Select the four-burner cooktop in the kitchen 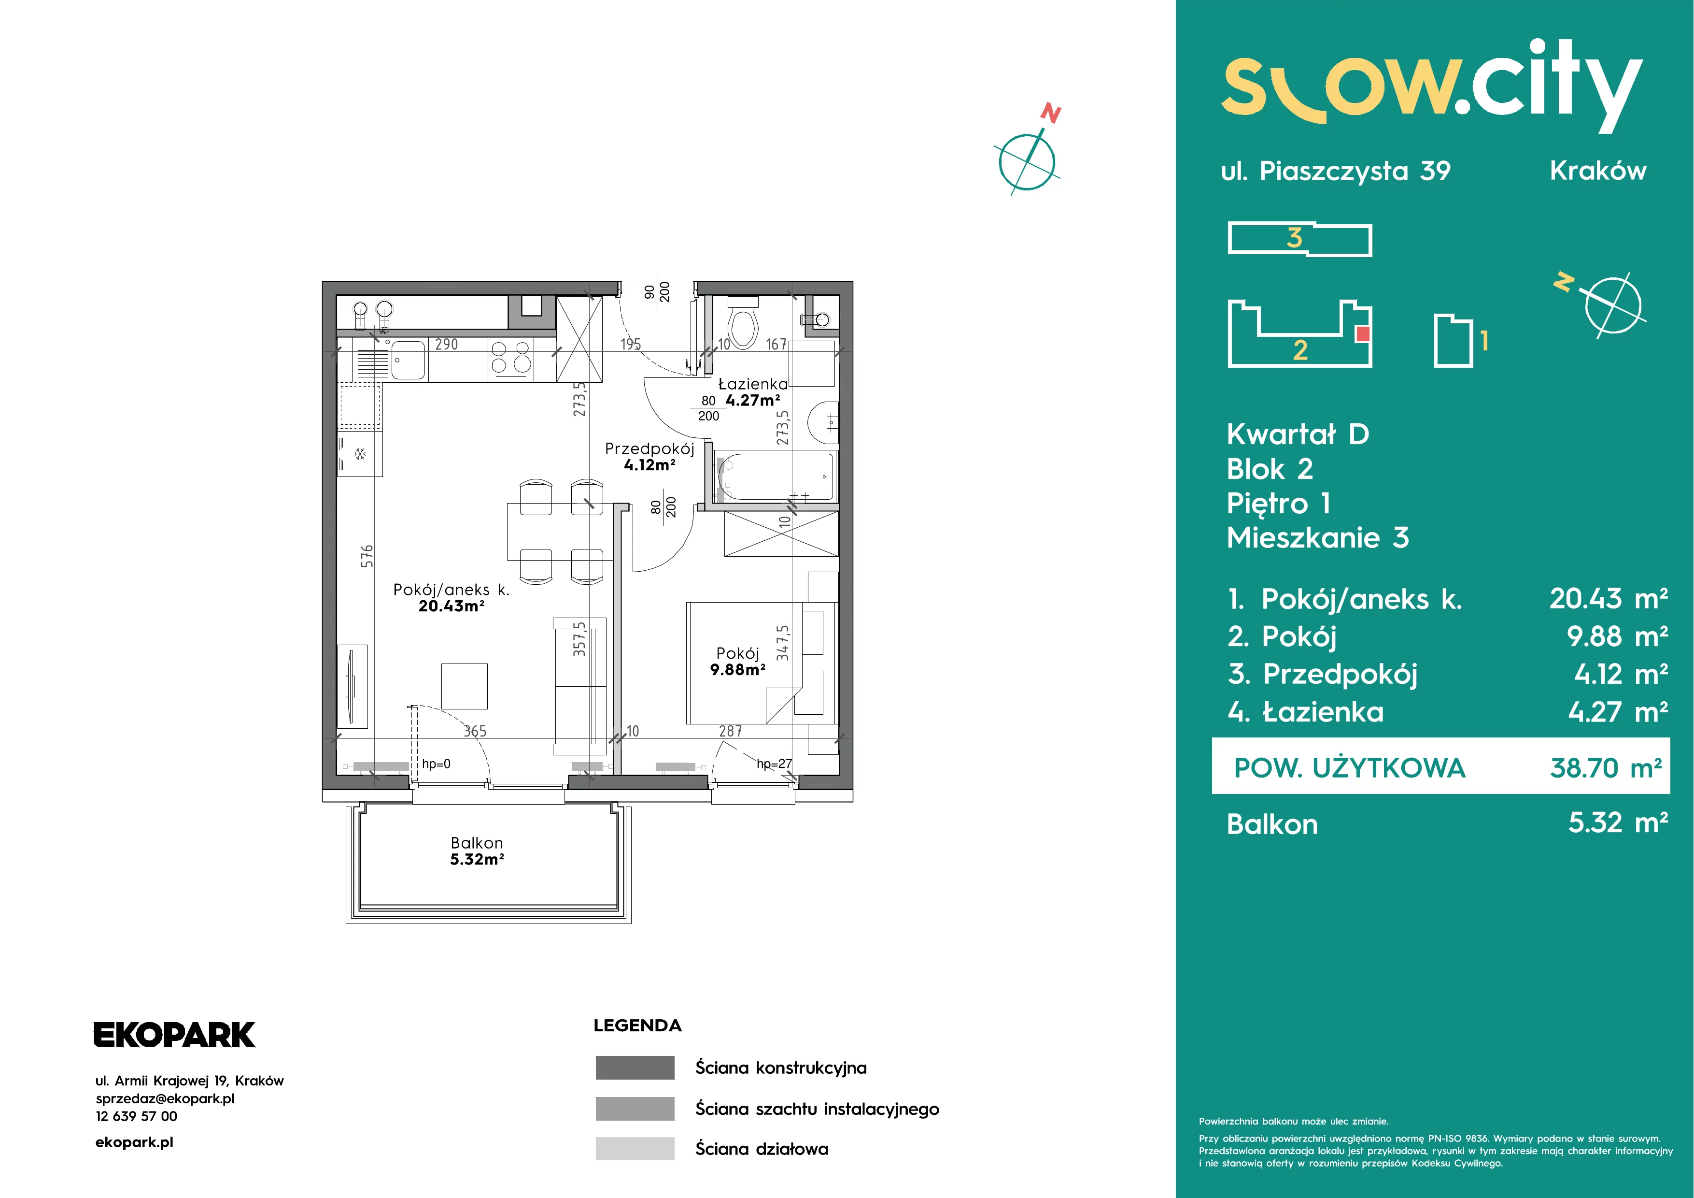pos(510,357)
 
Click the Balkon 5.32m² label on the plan pos(478,851)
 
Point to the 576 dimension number pos(367,556)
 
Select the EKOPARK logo pos(174,1035)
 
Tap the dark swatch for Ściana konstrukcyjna pos(635,1068)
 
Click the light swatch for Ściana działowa pos(635,1149)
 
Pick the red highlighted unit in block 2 pos(1363,333)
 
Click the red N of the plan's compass pos(1051,114)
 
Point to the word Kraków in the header pos(1598,171)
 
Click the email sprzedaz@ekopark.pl pos(165,1098)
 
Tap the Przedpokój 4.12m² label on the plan pos(650,456)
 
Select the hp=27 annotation pos(774,763)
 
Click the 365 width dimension pos(475,731)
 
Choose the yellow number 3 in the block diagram pos(1294,238)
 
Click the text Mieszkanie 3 pos(1318,537)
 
